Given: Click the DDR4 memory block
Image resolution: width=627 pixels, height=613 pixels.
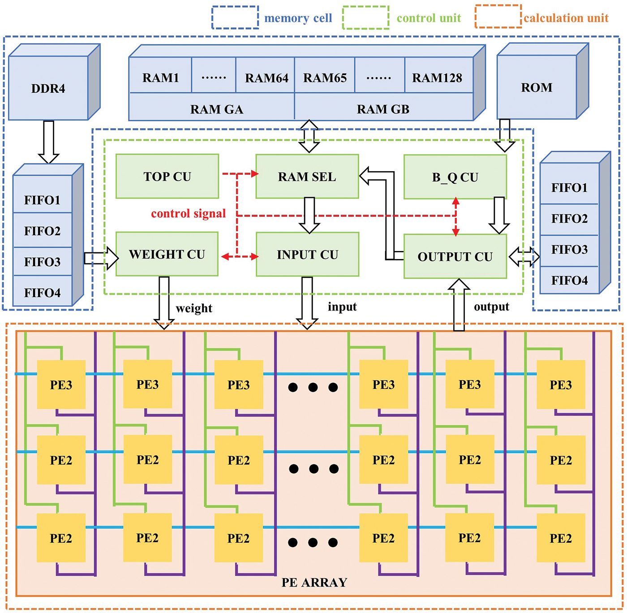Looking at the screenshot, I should click(48, 88).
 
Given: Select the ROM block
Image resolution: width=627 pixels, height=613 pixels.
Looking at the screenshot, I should click(537, 87).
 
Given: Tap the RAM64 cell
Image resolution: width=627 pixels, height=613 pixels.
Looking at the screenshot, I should click(266, 78).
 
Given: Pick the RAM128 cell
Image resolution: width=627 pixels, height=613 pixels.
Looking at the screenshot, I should click(437, 78).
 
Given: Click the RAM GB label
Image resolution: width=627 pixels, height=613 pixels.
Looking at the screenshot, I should click(383, 109).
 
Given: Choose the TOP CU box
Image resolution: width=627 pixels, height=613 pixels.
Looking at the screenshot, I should click(167, 177).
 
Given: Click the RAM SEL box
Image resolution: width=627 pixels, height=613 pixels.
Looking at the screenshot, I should click(307, 177).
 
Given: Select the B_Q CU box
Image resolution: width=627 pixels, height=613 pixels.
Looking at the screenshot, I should click(455, 177).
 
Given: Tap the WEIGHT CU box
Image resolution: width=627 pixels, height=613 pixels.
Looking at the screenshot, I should click(167, 254).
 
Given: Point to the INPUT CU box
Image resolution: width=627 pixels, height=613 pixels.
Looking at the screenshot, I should click(307, 255).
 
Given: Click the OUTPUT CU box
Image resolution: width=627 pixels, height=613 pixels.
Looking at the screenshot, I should click(455, 256).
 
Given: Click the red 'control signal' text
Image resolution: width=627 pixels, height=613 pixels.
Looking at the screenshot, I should click(188, 213).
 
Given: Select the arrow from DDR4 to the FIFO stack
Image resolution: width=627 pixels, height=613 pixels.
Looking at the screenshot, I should click(48, 142).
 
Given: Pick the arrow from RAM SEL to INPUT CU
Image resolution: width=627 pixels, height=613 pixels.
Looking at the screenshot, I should click(309, 215).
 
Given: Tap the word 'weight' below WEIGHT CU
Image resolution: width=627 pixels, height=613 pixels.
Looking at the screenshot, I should click(194, 308).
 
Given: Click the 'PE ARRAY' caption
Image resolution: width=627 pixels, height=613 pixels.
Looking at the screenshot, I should click(314, 582).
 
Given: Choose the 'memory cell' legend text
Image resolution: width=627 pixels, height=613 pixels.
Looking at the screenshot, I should click(298, 18).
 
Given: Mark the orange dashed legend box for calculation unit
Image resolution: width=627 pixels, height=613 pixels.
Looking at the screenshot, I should click(498, 17).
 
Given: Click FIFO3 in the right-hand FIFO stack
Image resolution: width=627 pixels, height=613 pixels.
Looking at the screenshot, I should click(569, 250).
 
